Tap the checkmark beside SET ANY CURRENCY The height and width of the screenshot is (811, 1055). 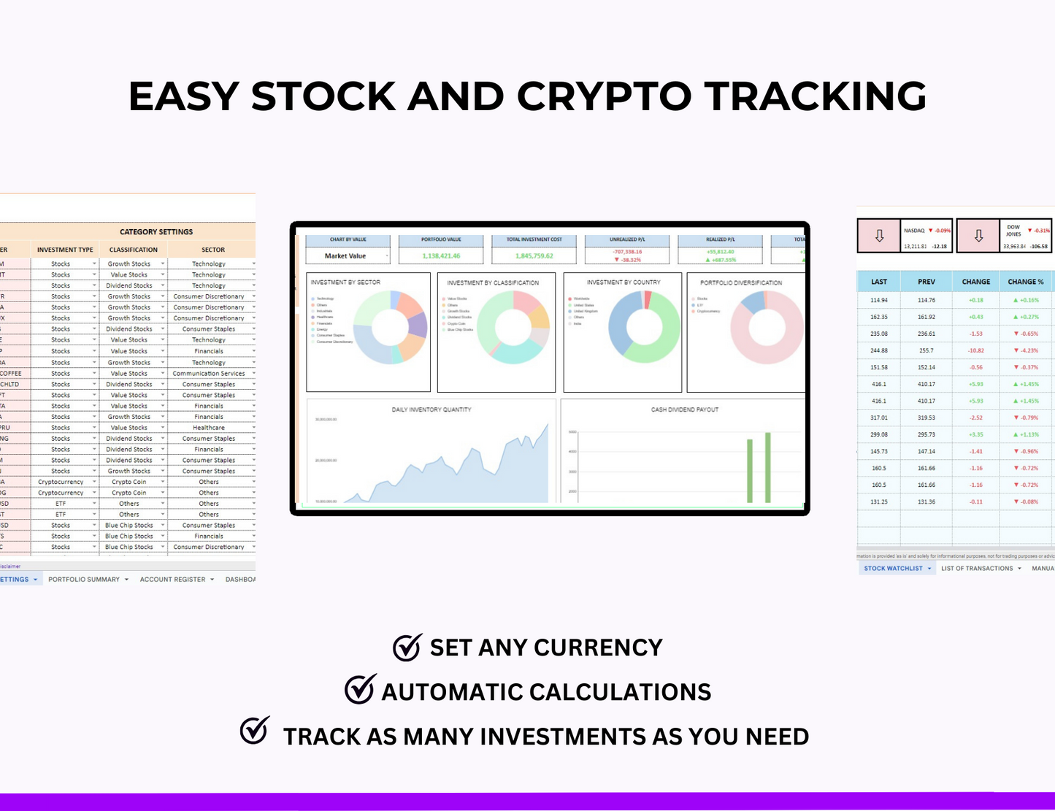coord(407,647)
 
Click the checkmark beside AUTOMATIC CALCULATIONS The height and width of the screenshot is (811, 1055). coord(360,690)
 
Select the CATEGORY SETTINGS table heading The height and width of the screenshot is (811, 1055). coord(156,231)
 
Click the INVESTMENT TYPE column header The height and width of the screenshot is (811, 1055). coord(65,250)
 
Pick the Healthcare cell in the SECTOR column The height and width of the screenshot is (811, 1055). coord(209,428)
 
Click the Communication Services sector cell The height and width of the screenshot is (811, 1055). coord(209,373)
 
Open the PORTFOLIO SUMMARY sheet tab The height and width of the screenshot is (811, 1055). coord(84,580)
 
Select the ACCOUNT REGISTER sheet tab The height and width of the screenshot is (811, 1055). coord(173,580)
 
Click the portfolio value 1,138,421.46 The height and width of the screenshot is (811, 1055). coord(441,256)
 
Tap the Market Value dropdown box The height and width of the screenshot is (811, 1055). coord(348,256)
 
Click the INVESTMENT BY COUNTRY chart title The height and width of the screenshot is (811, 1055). coord(623,282)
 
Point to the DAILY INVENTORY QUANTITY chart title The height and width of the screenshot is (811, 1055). coord(431,410)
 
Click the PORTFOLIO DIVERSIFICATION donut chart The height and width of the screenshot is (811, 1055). coord(767,327)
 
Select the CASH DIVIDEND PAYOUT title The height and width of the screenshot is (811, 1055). coord(684,410)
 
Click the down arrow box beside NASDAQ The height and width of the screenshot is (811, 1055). coord(879,236)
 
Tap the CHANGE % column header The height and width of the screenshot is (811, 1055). coord(1025,282)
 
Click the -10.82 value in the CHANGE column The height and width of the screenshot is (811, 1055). coord(975,350)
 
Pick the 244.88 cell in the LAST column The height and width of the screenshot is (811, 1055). coord(878,350)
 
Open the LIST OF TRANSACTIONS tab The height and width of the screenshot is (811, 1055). coord(977,568)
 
